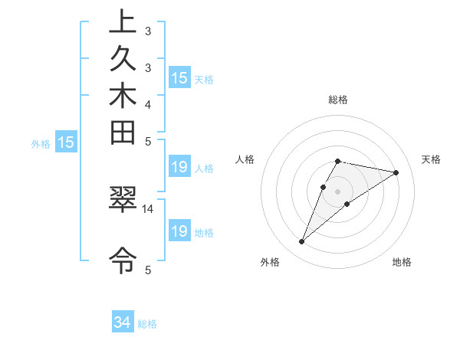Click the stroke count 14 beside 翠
pos(148,208)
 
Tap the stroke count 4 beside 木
pos(148,104)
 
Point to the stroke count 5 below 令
pos(148,269)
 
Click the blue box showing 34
pos(123,322)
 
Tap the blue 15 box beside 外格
pos(67,142)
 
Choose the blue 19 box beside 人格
pos(179,168)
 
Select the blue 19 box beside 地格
pos(179,231)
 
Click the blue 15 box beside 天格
pos(179,78)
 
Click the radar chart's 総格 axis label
pos(338,100)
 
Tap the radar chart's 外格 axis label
pos(270,262)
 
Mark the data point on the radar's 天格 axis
pos(396,172)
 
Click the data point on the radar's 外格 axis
pos(302,242)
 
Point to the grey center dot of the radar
pos(338,191)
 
